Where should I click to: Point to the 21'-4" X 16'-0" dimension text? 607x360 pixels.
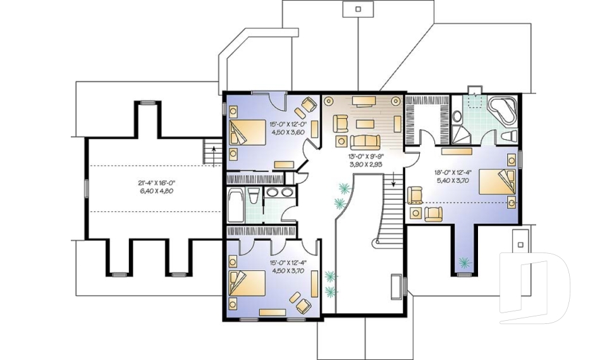[157, 183]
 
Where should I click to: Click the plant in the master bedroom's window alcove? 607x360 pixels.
[465, 261]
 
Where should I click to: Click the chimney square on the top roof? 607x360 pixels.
[358, 9]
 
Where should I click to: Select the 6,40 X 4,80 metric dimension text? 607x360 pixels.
[157, 191]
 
